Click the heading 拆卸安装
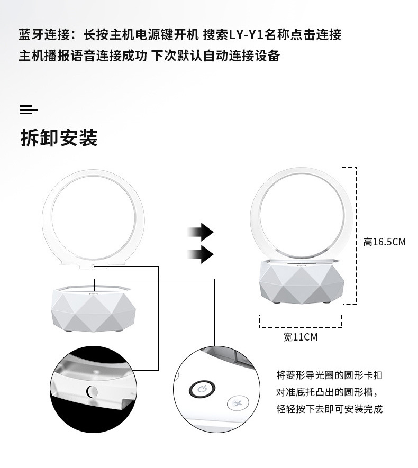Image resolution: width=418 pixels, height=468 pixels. (59, 139)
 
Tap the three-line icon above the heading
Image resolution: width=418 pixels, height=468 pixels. (29, 110)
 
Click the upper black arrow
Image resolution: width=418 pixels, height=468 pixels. (201, 232)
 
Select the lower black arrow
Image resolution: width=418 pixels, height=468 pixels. (201, 254)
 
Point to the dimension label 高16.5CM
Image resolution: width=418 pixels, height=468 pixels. (384, 242)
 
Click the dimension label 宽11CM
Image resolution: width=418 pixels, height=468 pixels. (300, 337)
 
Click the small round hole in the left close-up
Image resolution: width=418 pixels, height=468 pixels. (90, 392)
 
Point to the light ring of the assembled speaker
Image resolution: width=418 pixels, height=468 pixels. (301, 175)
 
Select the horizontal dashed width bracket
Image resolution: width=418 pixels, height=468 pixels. (300, 322)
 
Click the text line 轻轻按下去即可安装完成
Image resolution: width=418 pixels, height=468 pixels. (329, 409)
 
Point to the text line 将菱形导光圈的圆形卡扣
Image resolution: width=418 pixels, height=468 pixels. (329, 375)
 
